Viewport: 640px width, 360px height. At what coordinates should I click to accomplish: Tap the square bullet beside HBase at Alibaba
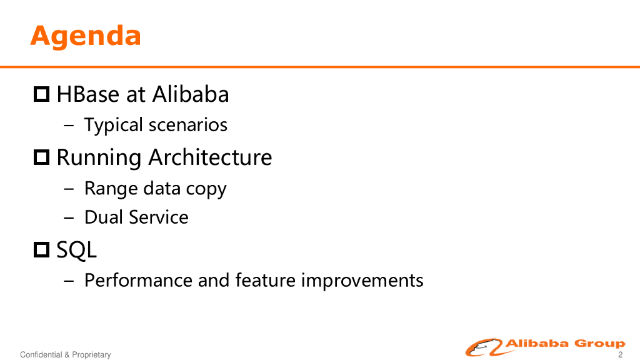pos(41,94)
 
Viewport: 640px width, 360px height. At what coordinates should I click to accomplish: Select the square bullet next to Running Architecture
pos(41,157)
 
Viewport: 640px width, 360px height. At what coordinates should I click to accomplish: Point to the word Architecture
pos(210,157)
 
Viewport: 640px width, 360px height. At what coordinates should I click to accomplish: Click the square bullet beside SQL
pos(41,249)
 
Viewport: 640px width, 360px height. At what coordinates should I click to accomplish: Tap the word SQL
pos(76,250)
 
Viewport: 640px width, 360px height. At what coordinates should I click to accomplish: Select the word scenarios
pos(187,125)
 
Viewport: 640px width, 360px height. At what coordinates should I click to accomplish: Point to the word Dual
pos(104,217)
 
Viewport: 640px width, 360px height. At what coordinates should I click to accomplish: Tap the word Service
pos(159,217)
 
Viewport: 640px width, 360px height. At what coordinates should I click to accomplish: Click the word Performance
pos(138,281)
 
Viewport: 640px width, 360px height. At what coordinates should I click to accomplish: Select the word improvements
pos(362,281)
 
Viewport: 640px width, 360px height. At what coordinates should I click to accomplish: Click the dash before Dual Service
pos(69,217)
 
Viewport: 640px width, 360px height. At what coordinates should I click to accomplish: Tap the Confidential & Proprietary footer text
pos(65,355)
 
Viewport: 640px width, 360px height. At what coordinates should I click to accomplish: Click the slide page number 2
pos(621,354)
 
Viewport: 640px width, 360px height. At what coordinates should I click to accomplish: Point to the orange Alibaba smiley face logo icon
pos(484,347)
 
